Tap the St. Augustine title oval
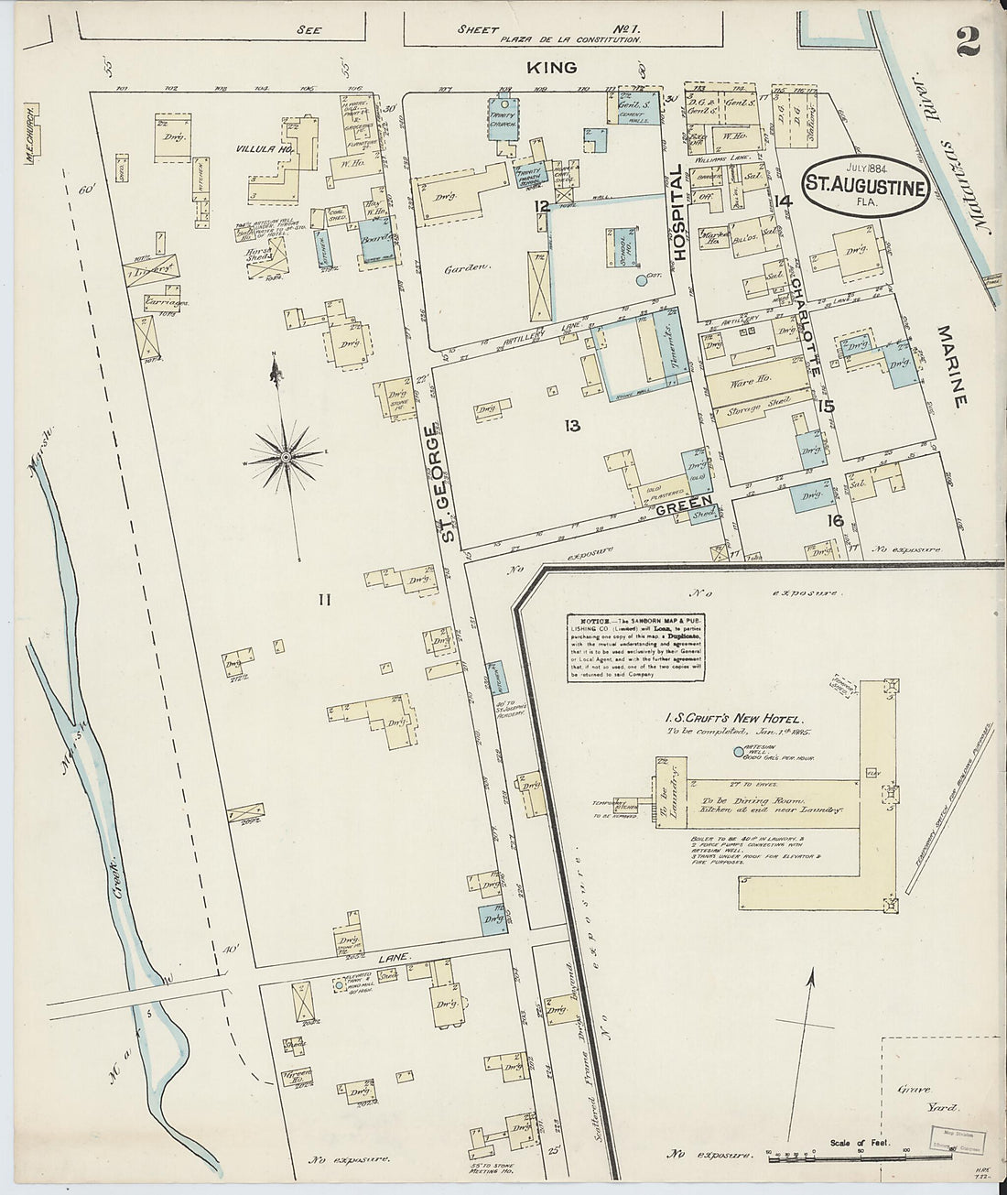865,182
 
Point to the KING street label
552,68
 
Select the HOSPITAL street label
679,212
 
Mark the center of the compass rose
287,456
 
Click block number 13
572,425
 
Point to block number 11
322,600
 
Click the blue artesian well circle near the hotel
739,753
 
